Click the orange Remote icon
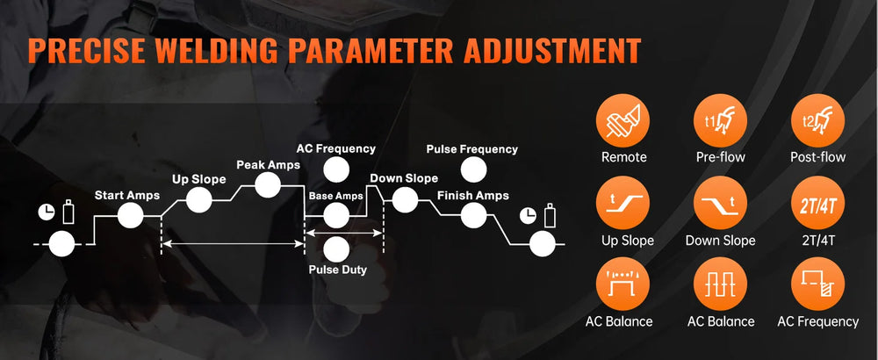click(x=623, y=120)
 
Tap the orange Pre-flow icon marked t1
click(x=720, y=120)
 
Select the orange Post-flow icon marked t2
click(x=817, y=120)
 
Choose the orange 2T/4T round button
click(x=817, y=203)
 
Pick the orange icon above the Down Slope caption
click(x=720, y=203)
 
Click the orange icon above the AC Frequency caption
click(x=817, y=284)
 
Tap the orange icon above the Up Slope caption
click(x=623, y=203)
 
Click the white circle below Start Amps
click(x=131, y=215)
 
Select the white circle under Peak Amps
click(x=268, y=184)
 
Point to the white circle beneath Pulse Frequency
click(x=474, y=169)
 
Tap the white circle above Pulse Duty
click(x=336, y=250)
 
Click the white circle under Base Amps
click(x=336, y=215)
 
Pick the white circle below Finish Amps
click(x=474, y=215)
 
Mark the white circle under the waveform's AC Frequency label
click(x=336, y=169)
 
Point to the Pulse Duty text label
click(x=338, y=270)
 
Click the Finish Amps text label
click(x=473, y=196)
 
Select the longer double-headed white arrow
click(x=233, y=243)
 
